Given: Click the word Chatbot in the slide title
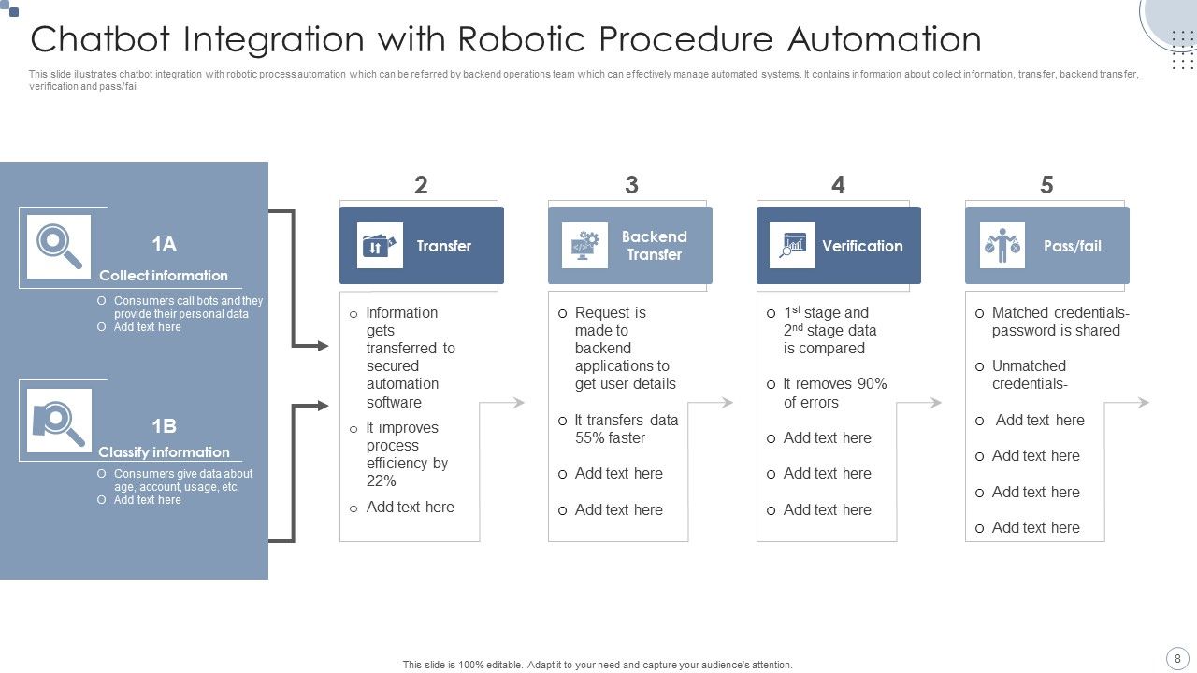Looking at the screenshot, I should coord(103,40).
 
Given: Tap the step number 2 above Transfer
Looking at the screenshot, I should coord(421,185).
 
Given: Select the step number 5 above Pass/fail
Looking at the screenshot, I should coord(1046,185).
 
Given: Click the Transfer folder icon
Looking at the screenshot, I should coord(380,246).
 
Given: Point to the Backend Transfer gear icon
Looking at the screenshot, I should coord(584,246).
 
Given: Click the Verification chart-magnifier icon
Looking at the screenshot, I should coord(792,246).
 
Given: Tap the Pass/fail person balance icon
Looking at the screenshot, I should coord(1002,246).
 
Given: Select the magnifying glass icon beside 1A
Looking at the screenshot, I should coord(59,247).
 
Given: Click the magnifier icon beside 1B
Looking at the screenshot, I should coord(59,421).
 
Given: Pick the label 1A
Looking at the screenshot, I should coord(164,244).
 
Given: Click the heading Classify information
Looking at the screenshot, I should coord(164,452).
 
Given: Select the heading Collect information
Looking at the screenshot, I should coord(164,276).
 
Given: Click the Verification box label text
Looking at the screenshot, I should coord(862,247).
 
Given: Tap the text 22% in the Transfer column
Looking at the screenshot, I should coord(382,481).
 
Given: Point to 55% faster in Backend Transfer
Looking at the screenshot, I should coord(610,438).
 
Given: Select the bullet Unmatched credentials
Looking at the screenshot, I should coord(1029,375).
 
